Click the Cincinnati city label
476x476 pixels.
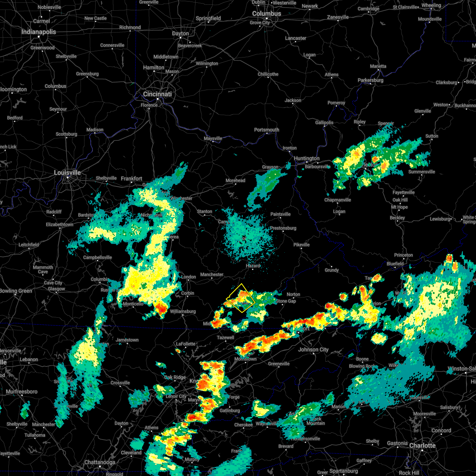click(x=157, y=94)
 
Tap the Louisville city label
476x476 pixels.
click(x=67, y=173)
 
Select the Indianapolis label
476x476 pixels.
click(x=39, y=32)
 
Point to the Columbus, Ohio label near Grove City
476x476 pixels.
click(x=267, y=14)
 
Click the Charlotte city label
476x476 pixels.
click(x=422, y=446)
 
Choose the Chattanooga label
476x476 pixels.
click(x=100, y=463)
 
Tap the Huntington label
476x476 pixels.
click(x=307, y=159)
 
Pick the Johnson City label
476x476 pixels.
click(x=313, y=350)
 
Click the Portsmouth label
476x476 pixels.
click(x=267, y=130)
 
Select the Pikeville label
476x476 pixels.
click(x=301, y=245)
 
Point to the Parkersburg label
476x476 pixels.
click(x=370, y=81)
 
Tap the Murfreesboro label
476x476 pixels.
click(x=22, y=392)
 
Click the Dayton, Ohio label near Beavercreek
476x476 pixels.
click(x=180, y=34)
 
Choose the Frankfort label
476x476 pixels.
click(x=132, y=179)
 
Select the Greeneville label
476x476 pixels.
click(x=279, y=364)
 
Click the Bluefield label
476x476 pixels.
click(x=395, y=264)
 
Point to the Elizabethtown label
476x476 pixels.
click(x=60, y=225)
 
